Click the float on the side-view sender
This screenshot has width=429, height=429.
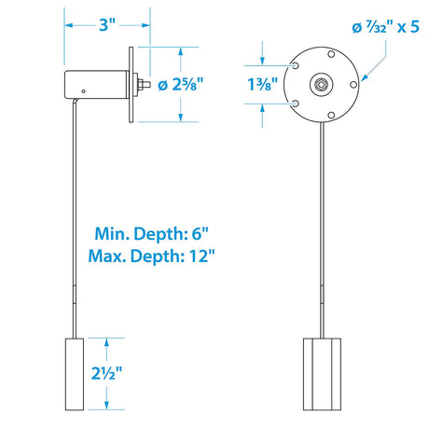coord(73,373)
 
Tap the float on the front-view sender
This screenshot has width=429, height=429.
coord(323,373)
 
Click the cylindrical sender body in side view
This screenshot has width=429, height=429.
coord(96,84)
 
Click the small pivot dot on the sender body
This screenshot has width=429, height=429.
coord(83,91)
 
